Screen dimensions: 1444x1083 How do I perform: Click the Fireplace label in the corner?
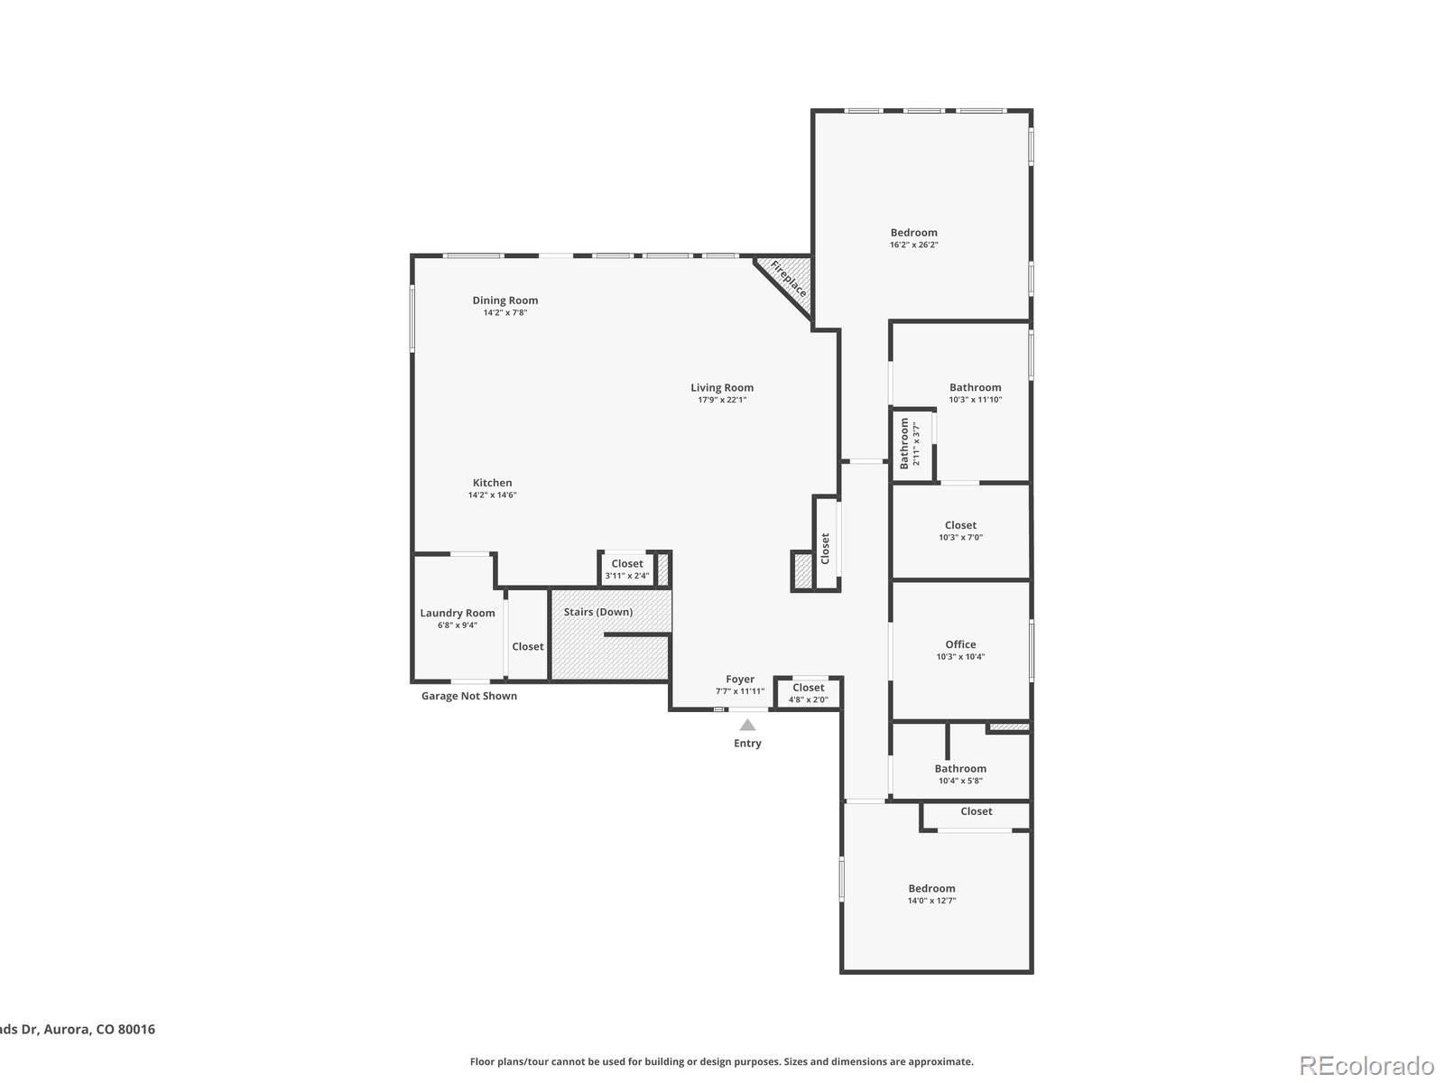click(x=788, y=279)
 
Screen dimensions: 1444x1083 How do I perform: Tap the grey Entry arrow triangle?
click(x=746, y=725)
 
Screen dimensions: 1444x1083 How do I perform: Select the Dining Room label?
click(x=504, y=301)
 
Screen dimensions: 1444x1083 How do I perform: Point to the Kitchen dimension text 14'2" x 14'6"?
click(x=492, y=495)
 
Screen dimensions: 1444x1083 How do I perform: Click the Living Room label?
click(x=722, y=388)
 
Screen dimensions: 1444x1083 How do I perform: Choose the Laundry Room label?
click(x=458, y=613)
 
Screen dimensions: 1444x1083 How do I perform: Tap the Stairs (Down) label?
click(x=598, y=612)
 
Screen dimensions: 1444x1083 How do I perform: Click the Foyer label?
click(x=740, y=680)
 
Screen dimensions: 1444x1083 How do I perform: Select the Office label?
click(x=960, y=644)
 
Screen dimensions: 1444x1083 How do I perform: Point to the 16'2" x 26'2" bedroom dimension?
click(x=913, y=245)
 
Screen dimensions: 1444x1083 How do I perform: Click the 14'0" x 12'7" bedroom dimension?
click(x=931, y=900)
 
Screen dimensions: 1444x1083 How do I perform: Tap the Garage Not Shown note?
click(x=469, y=696)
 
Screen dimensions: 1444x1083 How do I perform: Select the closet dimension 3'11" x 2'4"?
click(x=627, y=576)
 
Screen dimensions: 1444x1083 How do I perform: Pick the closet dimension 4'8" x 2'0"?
click(x=808, y=699)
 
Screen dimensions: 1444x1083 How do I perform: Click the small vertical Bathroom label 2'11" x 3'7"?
click(x=909, y=444)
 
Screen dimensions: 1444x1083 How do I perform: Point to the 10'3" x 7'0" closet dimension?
click(x=960, y=537)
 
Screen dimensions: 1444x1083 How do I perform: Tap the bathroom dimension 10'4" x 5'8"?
click(x=960, y=781)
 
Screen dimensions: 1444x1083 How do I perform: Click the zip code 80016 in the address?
click(x=137, y=1029)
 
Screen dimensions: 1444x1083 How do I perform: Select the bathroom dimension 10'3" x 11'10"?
click(x=975, y=400)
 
